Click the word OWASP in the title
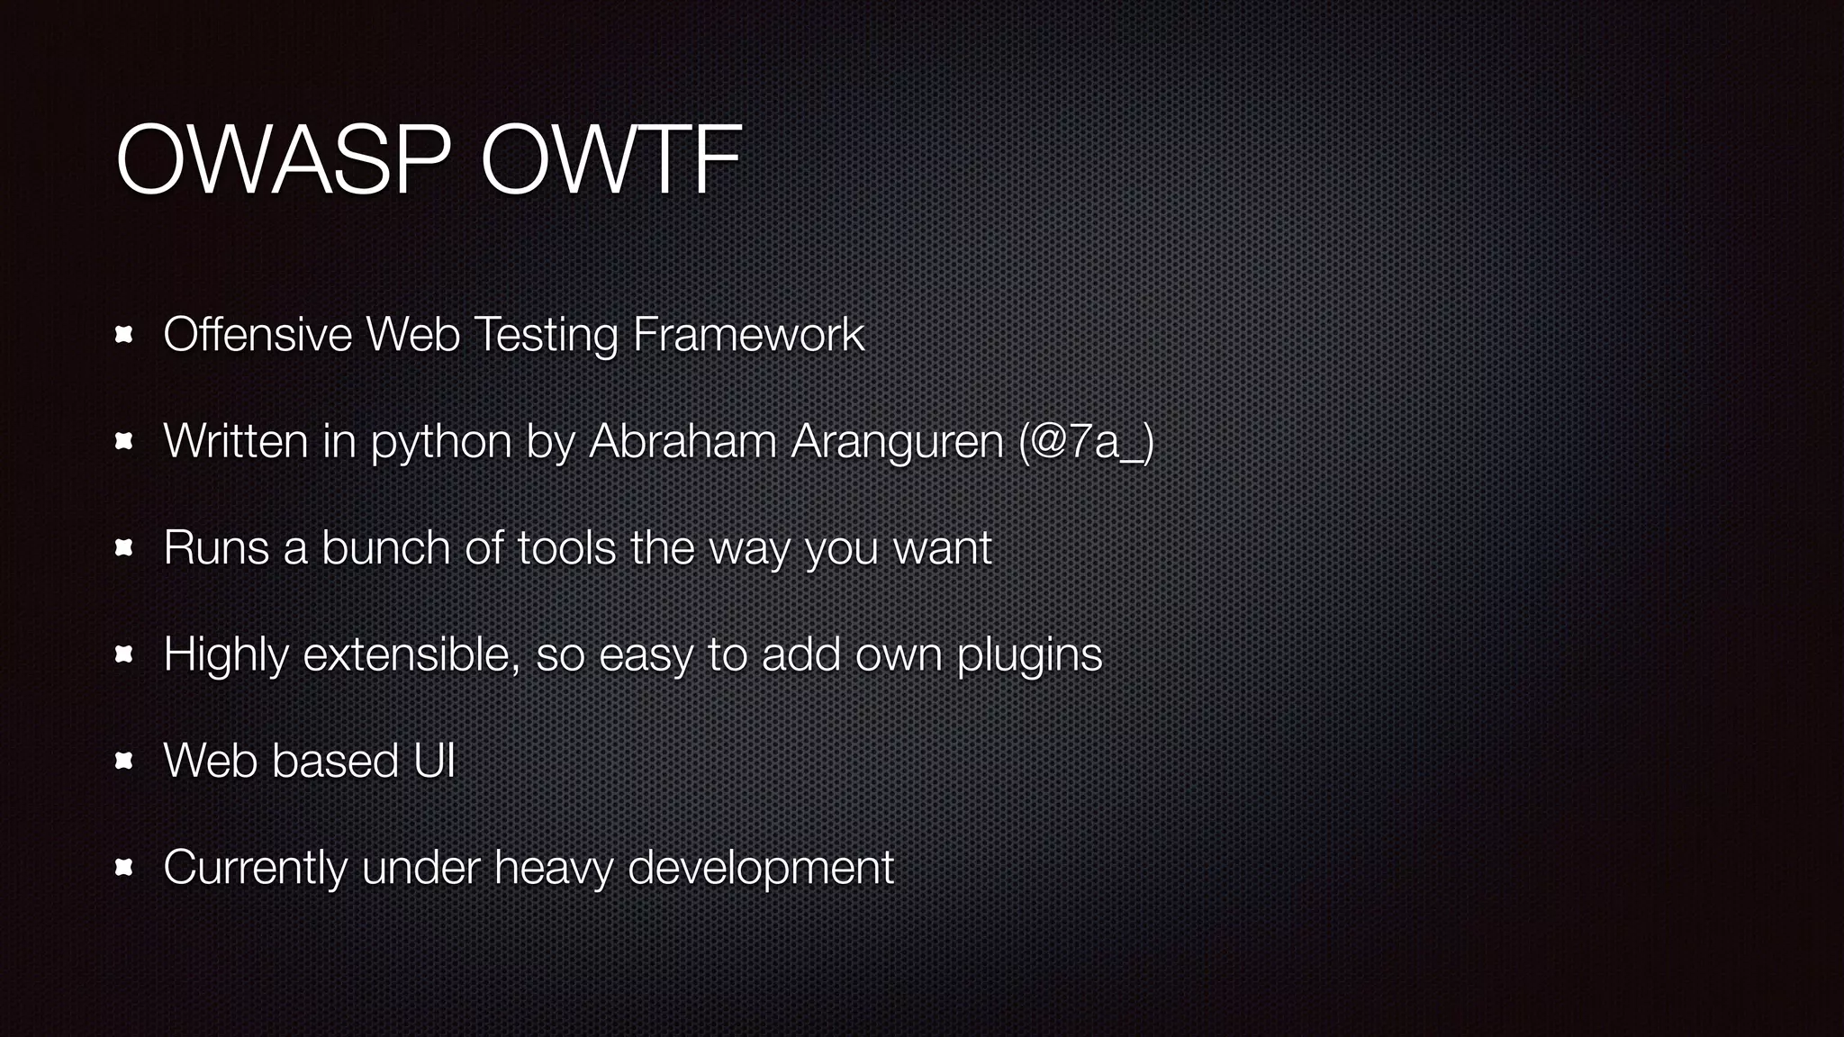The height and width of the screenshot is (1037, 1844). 283,160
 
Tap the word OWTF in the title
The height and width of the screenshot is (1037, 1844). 611,160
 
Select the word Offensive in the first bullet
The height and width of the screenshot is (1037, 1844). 258,335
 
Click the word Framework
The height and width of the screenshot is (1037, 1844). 748,335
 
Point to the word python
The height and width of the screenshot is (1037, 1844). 441,442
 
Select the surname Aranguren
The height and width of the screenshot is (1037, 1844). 897,442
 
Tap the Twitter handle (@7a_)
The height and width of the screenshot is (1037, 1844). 1086,442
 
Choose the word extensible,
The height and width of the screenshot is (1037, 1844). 411,654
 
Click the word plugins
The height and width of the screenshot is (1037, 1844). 1029,655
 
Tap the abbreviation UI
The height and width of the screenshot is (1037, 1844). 434,761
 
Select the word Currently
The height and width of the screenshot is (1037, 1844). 255,868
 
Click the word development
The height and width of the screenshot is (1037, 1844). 760,868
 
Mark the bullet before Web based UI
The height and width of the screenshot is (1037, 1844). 124,762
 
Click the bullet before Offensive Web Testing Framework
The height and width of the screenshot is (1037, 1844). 124,336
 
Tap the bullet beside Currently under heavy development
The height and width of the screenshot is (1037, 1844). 124,868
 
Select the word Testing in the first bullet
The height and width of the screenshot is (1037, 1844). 546,335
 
